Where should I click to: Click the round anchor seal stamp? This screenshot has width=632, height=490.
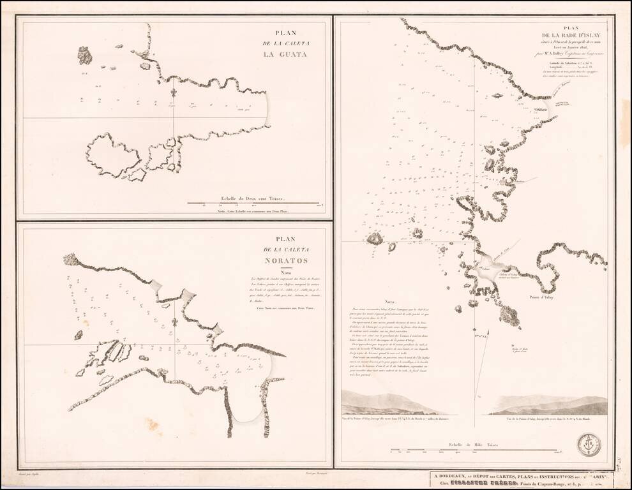tap(589, 444)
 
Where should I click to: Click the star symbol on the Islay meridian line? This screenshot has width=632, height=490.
tap(476, 330)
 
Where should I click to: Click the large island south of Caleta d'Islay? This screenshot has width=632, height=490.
tap(509, 315)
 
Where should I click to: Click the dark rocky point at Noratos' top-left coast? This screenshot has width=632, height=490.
tap(70, 259)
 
